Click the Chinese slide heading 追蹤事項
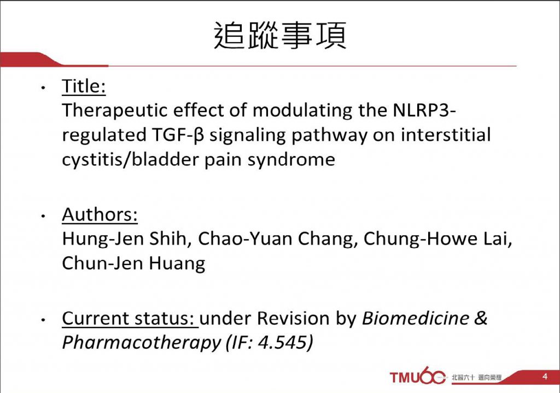(x=280, y=36)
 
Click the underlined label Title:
(x=84, y=86)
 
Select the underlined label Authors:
(x=100, y=215)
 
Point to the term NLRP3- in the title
(x=424, y=110)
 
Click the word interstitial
(x=446, y=135)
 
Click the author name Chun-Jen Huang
(x=133, y=263)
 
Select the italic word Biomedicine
(x=416, y=318)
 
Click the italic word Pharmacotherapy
(x=142, y=343)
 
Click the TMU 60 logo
(x=418, y=376)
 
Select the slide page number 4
(x=545, y=376)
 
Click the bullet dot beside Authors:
(x=43, y=216)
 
